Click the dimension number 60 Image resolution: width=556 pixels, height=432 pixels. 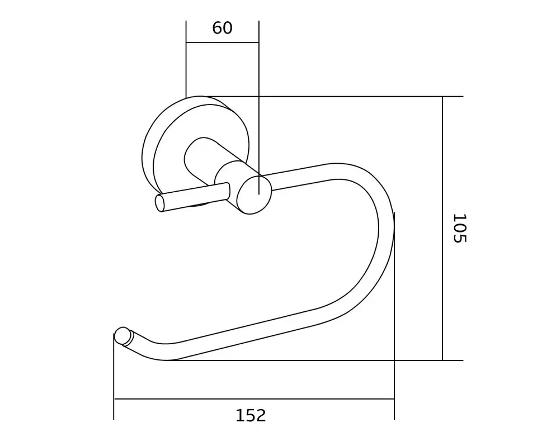[x=222, y=28]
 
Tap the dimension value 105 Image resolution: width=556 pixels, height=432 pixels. [x=460, y=228]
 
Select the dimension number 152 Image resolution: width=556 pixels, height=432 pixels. [x=251, y=415]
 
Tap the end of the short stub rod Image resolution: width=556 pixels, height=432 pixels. [x=159, y=203]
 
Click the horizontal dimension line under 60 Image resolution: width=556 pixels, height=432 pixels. [x=222, y=42]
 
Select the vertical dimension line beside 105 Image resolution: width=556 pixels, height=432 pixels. [x=442, y=228]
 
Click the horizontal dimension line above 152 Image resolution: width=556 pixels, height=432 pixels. [x=254, y=399]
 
